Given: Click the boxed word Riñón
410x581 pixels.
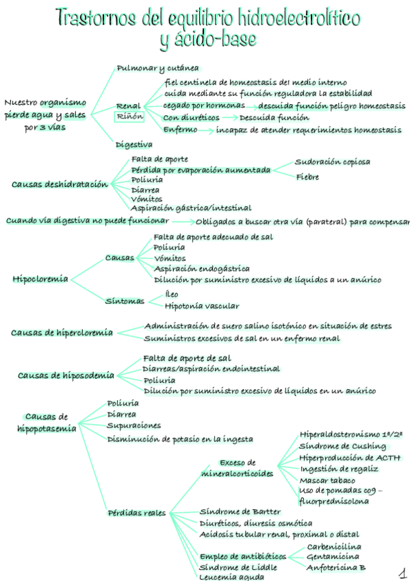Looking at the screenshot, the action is [129, 117].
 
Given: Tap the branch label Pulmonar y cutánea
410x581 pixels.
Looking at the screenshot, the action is [157, 68].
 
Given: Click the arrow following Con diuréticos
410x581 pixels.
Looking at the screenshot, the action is [223, 118].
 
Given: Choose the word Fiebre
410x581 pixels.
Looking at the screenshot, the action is [307, 177].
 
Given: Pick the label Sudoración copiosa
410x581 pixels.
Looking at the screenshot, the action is [333, 162].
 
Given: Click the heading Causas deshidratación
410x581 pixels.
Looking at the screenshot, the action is [60, 184].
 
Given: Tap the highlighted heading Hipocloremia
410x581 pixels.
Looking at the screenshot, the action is [40, 279].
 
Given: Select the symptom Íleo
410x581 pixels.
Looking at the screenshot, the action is [172, 294].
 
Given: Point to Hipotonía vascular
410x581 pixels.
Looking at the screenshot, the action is [202, 306].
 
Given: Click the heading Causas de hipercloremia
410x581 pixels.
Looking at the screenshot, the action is [62, 333].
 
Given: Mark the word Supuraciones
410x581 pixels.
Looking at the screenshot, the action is [133, 425].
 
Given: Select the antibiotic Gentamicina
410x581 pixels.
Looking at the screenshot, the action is [333, 556].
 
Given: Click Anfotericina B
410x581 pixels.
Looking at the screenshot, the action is [336, 567].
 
